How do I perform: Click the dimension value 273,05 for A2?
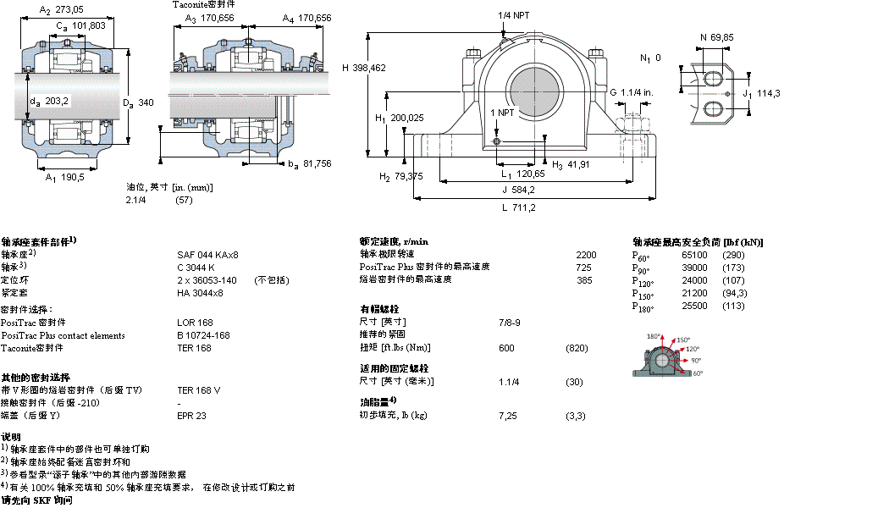[x=71, y=10]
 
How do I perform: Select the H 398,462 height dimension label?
[x=363, y=67]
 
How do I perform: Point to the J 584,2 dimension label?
[x=517, y=189]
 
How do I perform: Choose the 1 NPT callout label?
[x=502, y=112]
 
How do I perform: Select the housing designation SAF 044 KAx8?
[x=207, y=255]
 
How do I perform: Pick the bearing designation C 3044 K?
[x=196, y=268]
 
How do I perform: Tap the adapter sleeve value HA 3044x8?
[x=200, y=293]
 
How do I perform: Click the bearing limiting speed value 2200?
[x=586, y=255]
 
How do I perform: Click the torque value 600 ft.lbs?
[x=506, y=348]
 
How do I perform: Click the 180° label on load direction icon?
[x=654, y=337]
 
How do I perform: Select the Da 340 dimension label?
[x=138, y=102]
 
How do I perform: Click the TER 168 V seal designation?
[x=198, y=390]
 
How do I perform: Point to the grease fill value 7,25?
[x=508, y=416]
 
